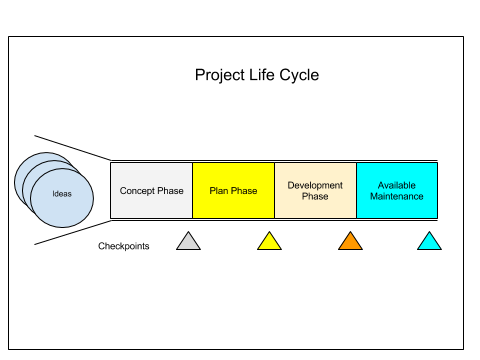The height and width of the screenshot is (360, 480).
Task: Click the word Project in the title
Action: pyautogui.click(x=220, y=75)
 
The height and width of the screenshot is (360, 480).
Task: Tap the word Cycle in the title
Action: pyautogui.click(x=299, y=75)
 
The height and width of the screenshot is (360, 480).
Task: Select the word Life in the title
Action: pyautogui.click(x=262, y=74)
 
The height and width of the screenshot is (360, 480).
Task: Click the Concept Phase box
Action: pyautogui.click(x=151, y=191)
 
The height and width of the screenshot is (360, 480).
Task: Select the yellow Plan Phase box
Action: pyautogui.click(x=233, y=191)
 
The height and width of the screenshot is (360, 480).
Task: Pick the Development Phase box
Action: pyautogui.click(x=315, y=191)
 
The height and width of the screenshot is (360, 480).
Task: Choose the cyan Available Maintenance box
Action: pyautogui.click(x=397, y=191)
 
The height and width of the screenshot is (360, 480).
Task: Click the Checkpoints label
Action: pyautogui.click(x=124, y=246)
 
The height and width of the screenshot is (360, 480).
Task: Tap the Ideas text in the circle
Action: pyautogui.click(x=62, y=194)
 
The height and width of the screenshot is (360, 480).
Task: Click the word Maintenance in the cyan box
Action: pyautogui.click(x=397, y=196)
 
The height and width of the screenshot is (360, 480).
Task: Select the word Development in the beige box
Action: pyautogui.click(x=315, y=186)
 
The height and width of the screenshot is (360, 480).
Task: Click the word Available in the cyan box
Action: pyautogui.click(x=397, y=185)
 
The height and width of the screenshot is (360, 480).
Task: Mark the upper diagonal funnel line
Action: pyautogui.click(x=73, y=148)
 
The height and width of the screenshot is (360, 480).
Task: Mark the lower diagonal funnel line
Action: pyautogui.click(x=73, y=232)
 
